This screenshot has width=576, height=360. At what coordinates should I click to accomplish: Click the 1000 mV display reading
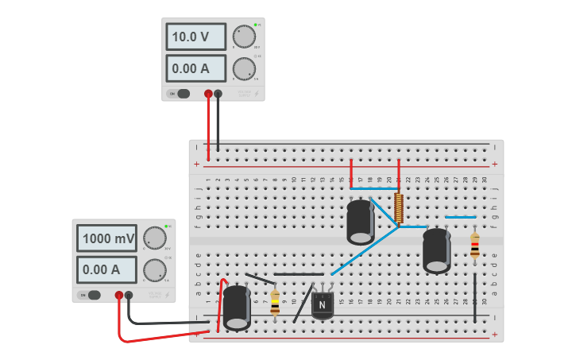pyautogui.click(x=107, y=238)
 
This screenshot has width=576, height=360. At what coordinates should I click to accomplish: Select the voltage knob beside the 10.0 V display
pyautogui.click(x=244, y=37)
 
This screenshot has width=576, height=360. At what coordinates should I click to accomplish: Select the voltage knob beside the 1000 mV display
pyautogui.click(x=154, y=238)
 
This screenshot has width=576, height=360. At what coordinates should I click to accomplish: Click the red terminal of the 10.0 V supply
pyautogui.click(x=208, y=94)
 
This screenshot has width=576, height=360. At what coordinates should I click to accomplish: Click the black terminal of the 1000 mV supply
pyautogui.click(x=129, y=295)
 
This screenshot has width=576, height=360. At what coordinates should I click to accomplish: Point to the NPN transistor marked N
pyautogui.click(x=322, y=304)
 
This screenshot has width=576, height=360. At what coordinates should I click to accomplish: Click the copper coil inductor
pyautogui.click(x=399, y=208)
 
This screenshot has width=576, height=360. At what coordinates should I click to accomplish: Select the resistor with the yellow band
pyautogui.click(x=275, y=303)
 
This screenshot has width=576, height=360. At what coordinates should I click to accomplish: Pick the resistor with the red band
pyautogui.click(x=475, y=246)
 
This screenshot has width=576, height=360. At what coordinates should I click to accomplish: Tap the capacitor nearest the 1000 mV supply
pyautogui.click(x=237, y=308)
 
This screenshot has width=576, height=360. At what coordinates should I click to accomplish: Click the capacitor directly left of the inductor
pyautogui.click(x=361, y=222)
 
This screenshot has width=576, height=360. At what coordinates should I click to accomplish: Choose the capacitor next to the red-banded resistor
pyautogui.click(x=436, y=250)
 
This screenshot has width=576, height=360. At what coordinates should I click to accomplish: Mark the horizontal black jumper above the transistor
pyautogui.click(x=299, y=274)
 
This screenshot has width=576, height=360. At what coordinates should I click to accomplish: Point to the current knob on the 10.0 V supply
pyautogui.click(x=244, y=69)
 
